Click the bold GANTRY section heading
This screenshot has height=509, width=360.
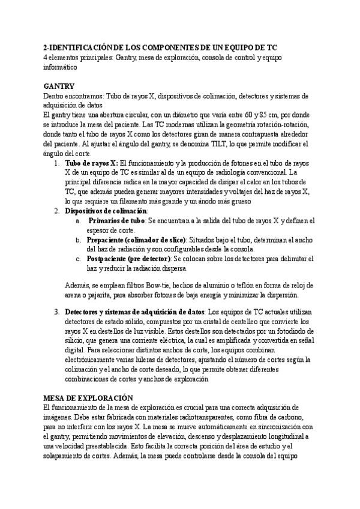[59, 86]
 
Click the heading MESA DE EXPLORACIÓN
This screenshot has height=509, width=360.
[88, 398]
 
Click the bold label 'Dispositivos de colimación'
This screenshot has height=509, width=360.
[106, 211]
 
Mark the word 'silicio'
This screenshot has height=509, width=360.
[76, 340]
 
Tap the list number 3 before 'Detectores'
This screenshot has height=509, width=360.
[56, 312]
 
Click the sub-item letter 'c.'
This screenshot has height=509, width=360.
[78, 259]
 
